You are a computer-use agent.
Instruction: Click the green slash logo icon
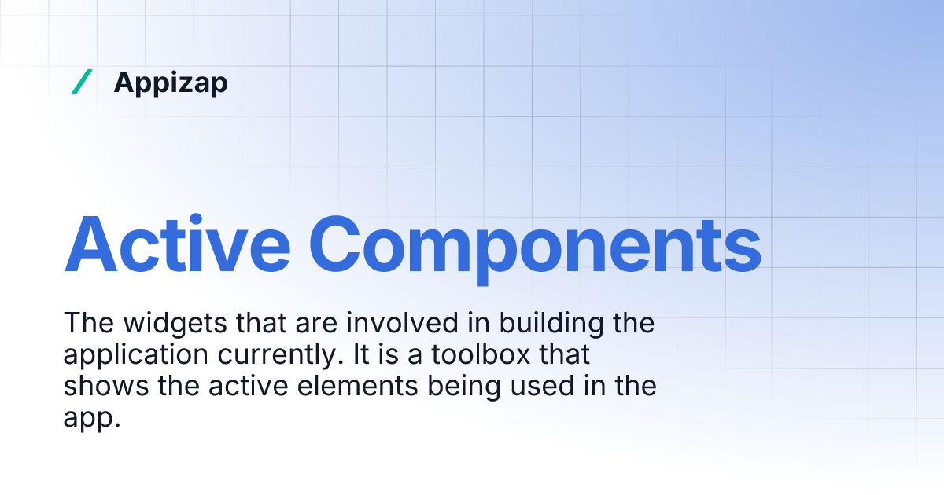click(82, 82)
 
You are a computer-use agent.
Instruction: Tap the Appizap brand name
click(171, 82)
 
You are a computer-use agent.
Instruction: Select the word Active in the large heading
click(175, 243)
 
